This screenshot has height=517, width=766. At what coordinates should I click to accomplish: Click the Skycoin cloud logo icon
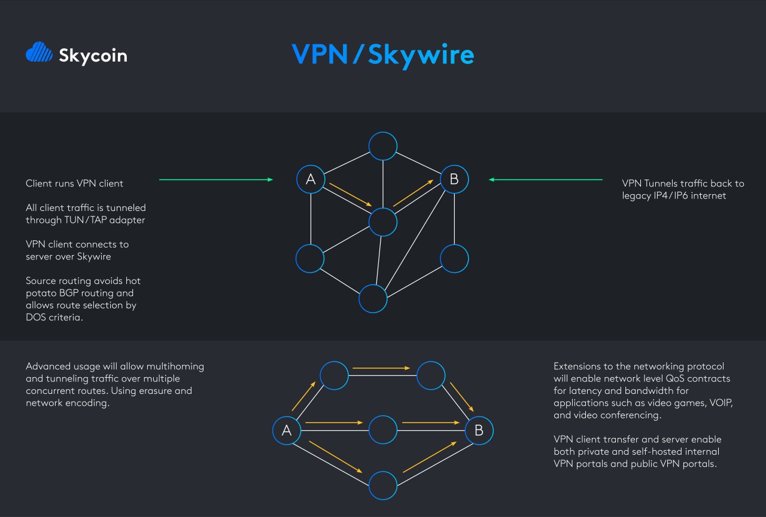39,53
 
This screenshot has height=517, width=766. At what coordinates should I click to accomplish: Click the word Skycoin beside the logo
93,56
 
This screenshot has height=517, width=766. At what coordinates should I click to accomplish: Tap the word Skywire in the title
421,54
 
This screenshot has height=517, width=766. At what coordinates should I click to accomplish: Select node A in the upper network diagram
311,179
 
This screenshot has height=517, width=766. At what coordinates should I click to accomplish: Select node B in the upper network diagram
454,179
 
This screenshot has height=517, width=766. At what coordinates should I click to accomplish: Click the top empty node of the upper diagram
383,146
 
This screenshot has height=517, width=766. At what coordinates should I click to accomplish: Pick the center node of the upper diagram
383,221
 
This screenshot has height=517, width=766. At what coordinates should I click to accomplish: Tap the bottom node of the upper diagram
373,298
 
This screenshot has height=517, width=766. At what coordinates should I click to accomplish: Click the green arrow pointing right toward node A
215,179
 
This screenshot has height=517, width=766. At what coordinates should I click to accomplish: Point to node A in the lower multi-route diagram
287,430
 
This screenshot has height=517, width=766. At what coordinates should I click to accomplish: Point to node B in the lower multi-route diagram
479,430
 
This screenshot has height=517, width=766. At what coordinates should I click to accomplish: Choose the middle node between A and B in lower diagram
383,430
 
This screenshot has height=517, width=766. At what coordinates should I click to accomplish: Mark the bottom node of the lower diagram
383,485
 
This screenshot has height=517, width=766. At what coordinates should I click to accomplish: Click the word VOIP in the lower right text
721,403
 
